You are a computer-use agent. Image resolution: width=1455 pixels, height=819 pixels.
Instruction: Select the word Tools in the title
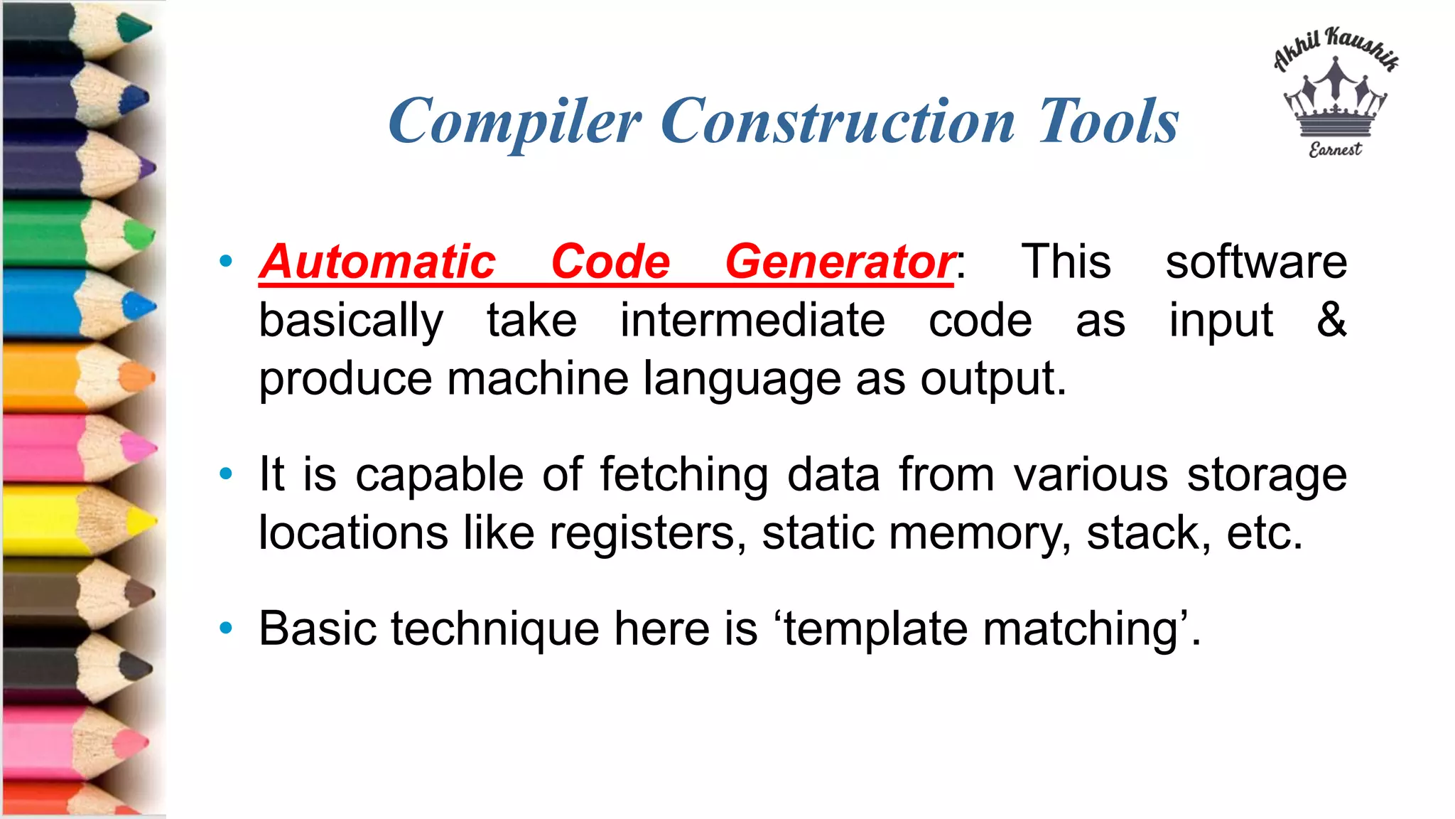1108,121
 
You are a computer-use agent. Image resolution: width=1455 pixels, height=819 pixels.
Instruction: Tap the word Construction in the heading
838,121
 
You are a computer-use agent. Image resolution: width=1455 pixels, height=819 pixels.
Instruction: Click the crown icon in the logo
1335,100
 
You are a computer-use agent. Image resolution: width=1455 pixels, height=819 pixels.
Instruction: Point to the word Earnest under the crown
1335,149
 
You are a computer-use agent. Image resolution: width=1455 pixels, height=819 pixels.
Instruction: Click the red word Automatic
377,262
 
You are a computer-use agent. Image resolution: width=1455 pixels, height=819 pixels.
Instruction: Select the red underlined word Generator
840,262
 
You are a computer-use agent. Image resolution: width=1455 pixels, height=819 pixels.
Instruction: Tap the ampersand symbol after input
1331,319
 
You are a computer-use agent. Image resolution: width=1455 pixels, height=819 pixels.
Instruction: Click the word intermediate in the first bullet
752,320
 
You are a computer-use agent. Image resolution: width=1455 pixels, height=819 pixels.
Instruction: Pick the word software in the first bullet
1256,262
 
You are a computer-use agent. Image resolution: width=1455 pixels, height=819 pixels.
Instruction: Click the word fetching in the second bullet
683,475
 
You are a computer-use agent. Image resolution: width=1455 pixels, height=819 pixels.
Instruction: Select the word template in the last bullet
875,629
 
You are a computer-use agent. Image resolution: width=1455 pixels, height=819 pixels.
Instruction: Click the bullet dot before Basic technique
226,628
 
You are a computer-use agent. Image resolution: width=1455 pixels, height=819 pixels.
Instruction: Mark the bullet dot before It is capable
226,473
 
